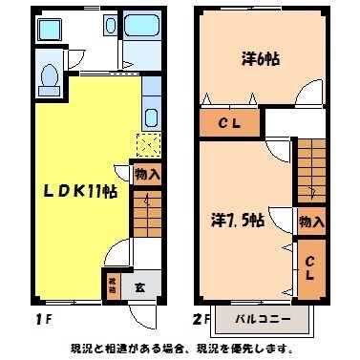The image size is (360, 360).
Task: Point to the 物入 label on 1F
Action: point(147,175)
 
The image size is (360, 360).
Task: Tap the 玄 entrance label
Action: point(138,284)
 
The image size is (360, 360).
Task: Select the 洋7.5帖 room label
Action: point(240,219)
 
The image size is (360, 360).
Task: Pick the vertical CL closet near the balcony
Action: point(309,267)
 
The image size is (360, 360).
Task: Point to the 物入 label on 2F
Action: point(310,222)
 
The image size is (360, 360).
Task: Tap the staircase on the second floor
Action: point(311,167)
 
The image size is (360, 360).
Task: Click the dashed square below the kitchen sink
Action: point(148,144)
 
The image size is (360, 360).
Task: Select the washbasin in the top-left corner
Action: point(49,28)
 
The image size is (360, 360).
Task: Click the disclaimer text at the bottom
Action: point(180,349)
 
